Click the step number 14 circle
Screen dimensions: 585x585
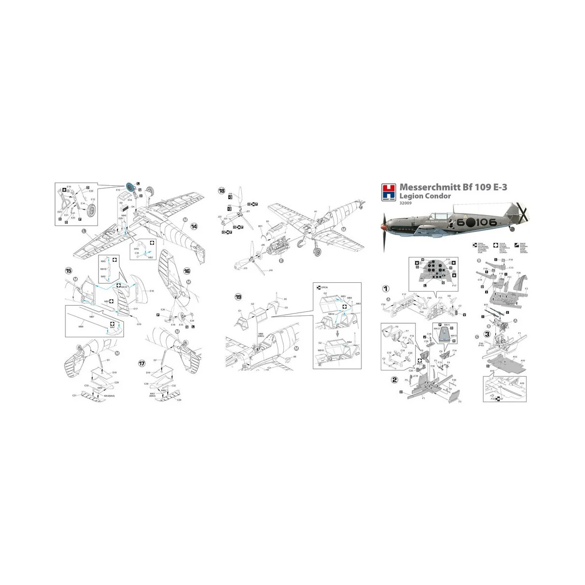(194, 227)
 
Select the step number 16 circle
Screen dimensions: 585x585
(187, 271)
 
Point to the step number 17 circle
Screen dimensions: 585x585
(141, 364)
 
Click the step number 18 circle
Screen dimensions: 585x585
(222, 191)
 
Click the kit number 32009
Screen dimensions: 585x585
(406, 204)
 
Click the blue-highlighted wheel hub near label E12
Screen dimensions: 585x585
(130, 188)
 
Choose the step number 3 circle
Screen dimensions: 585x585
(487, 334)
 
